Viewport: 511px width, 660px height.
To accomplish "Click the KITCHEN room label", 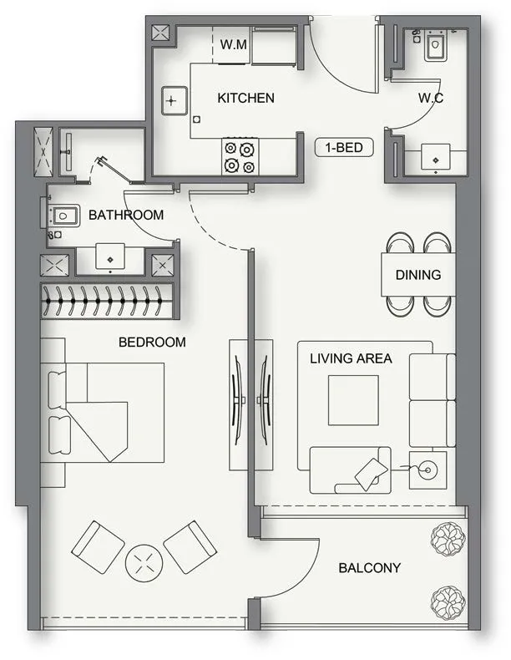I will tap(245, 99).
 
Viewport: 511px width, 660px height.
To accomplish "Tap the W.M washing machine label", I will tap(234, 44).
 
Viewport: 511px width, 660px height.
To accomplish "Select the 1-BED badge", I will tap(343, 148).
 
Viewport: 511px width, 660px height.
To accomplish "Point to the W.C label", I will tap(430, 99).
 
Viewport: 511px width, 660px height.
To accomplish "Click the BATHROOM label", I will tap(126, 216).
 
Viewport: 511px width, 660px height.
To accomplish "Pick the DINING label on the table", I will tap(417, 275).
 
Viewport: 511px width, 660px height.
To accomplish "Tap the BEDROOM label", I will tap(152, 342).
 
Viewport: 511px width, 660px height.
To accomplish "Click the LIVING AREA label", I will tap(351, 359).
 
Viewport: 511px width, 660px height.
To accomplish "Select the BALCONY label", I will tap(369, 568).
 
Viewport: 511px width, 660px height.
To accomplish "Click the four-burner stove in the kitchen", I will tap(240, 157).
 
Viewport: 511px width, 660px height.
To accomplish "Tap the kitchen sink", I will tap(171, 101).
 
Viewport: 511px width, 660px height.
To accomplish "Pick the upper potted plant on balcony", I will tap(446, 538).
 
